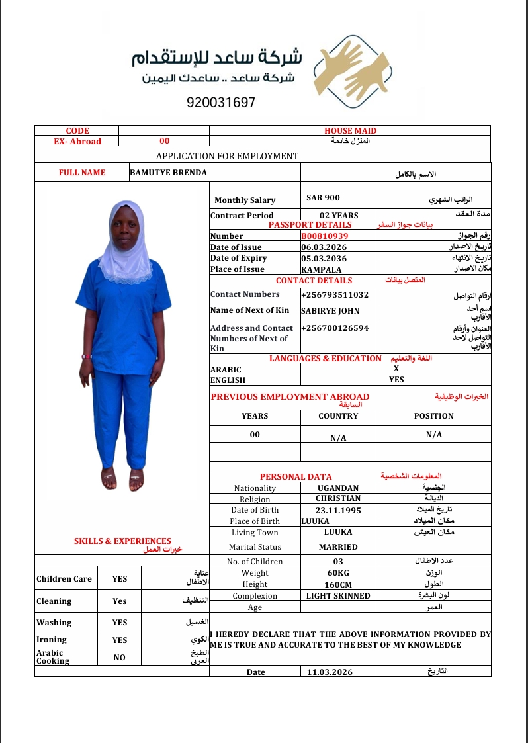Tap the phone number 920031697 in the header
tap(221, 103)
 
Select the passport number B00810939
tap(325, 236)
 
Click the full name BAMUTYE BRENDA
tap(168, 173)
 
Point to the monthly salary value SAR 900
tap(324, 198)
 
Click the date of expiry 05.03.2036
tap(324, 258)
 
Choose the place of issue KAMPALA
tap(322, 269)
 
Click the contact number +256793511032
tap(335, 294)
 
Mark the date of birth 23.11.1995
tap(339, 510)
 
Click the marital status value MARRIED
tap(338, 547)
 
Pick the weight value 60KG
tap(338, 573)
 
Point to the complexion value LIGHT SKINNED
tap(338, 596)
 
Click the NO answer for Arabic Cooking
tap(119, 658)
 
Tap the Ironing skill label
tap(52, 640)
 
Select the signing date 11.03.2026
tap(330, 672)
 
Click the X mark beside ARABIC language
tap(396, 369)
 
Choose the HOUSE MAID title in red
tap(350, 131)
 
